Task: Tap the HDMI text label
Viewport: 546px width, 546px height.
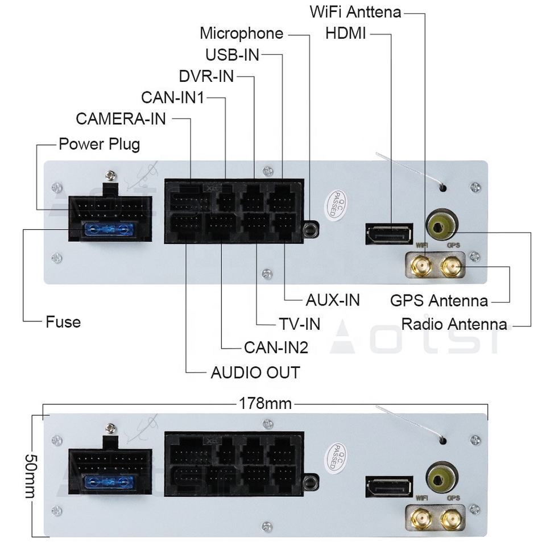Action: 346,34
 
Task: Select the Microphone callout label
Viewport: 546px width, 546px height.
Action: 241,33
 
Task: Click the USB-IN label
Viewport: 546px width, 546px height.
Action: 232,55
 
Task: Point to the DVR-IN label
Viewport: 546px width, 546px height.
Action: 206,76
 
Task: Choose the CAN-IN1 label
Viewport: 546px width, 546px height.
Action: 172,97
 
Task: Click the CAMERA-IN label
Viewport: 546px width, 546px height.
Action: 121,119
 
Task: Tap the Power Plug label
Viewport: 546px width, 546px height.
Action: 99,143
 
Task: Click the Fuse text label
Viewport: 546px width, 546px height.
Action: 63,322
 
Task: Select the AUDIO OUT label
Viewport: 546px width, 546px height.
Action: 255,373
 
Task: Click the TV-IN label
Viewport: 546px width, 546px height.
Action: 299,324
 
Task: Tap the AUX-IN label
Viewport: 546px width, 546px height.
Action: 333,300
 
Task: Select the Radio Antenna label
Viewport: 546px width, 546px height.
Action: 454,324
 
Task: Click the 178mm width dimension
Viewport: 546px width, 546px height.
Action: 265,404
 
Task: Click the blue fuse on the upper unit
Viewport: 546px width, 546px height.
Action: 108,230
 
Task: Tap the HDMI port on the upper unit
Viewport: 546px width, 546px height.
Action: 390,234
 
